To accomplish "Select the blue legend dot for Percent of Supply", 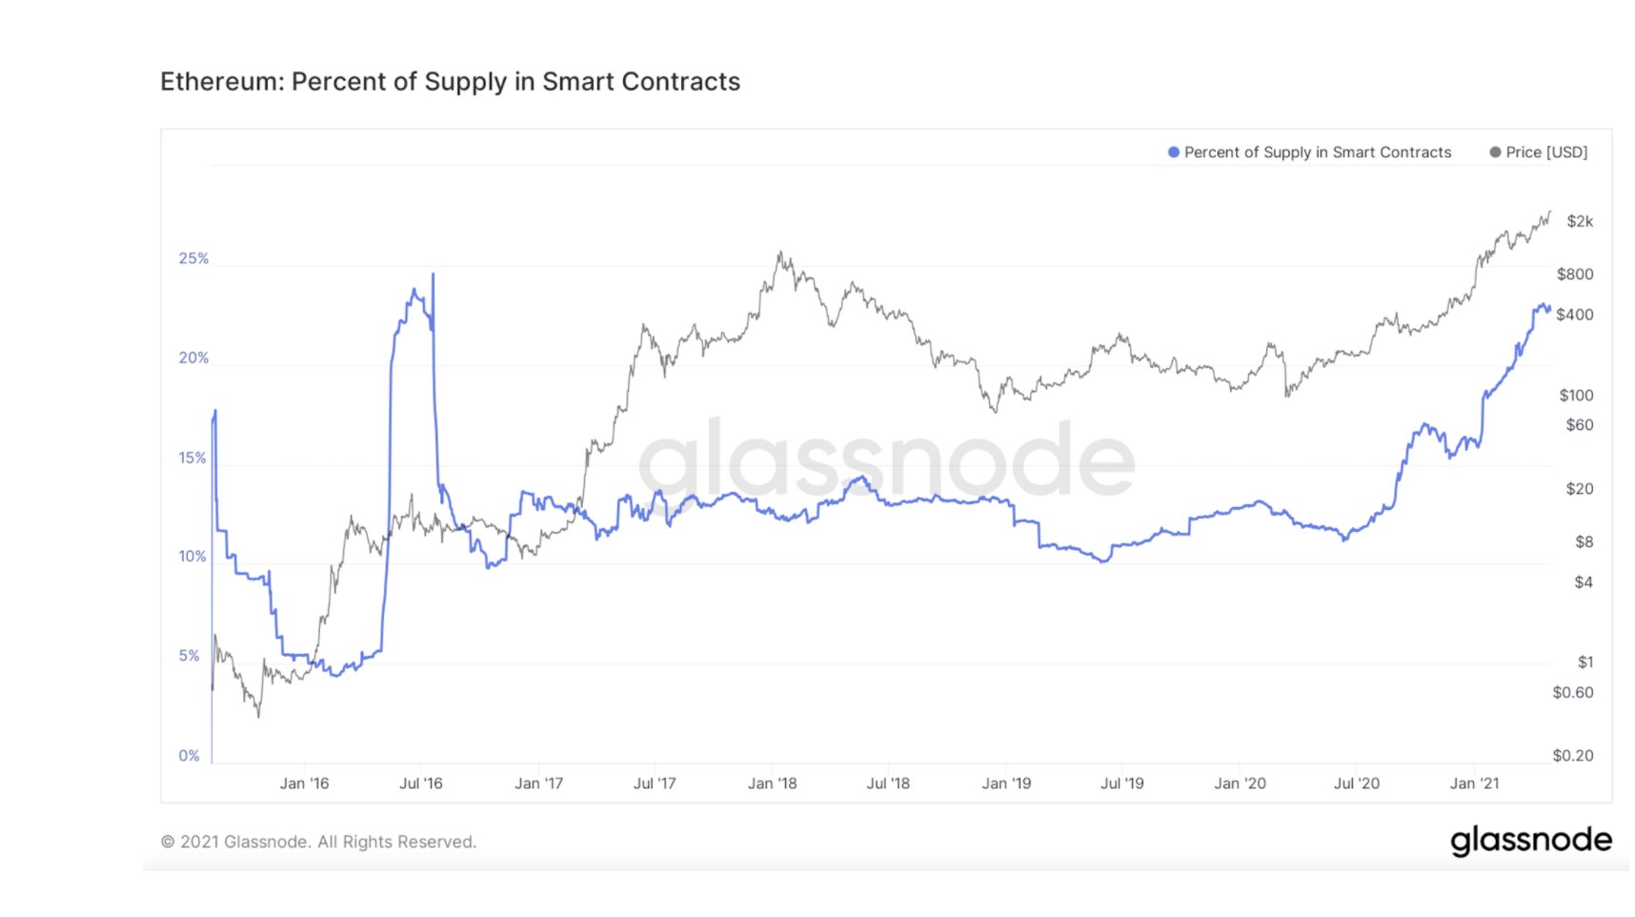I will (1174, 153).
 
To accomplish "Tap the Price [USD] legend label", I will (1546, 153).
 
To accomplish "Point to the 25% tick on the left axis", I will (193, 258).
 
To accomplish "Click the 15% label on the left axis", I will (192, 458).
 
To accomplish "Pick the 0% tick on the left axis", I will (190, 756).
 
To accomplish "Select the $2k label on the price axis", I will (1580, 221).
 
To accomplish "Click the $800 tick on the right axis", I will (1575, 275).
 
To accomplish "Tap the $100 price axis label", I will (1576, 395).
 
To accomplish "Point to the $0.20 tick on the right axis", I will (1573, 756).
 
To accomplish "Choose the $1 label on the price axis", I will (1585, 662).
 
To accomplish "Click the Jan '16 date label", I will (304, 784).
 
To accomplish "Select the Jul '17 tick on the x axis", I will (655, 784).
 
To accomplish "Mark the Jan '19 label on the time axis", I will (1006, 784).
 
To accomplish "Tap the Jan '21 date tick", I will (1474, 784).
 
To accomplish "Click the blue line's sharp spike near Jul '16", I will (434, 275).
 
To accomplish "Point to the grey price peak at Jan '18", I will (779, 254).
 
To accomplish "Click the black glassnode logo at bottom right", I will (1531, 841).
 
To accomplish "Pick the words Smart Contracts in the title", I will (641, 82).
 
